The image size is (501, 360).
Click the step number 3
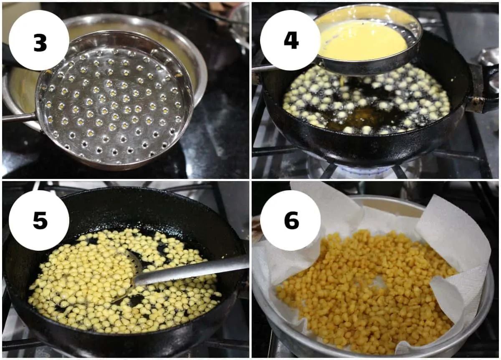pos(40,43)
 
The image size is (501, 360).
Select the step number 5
pos(40,220)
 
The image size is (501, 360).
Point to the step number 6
pos(291,220)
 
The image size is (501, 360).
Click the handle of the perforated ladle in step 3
pos(19,117)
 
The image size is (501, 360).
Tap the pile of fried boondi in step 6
pos(367,290)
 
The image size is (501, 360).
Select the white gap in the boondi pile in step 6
pos(378,283)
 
